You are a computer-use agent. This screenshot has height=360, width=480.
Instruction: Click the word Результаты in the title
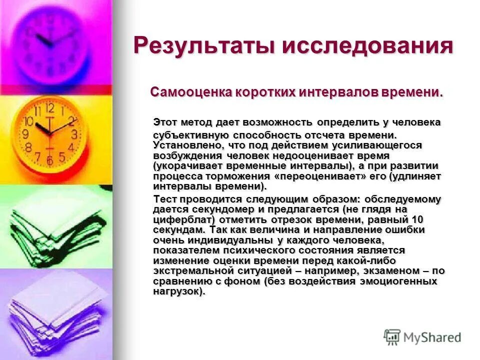[205, 46]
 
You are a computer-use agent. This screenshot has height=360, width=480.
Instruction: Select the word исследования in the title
[368, 46]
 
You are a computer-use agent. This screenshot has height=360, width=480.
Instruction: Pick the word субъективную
[190, 135]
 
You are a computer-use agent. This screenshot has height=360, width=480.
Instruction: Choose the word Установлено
[188, 144]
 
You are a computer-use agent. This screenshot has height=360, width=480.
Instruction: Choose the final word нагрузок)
[179, 291]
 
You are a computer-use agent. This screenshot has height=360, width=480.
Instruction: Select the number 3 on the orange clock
[74, 134]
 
